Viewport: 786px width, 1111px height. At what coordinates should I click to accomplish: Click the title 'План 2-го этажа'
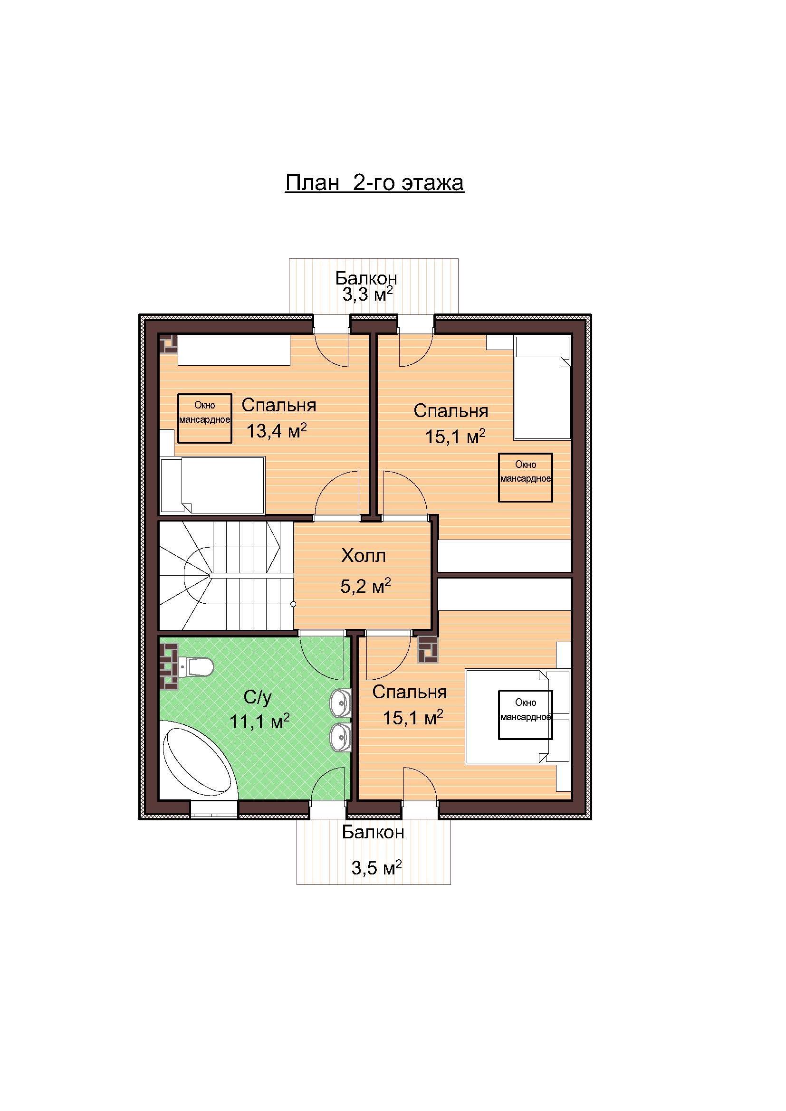tap(374, 183)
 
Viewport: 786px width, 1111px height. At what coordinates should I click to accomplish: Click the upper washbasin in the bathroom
tap(341, 701)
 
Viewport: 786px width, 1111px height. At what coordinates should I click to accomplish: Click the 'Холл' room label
tap(364, 556)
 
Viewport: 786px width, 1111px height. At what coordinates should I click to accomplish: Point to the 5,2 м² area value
tap(365, 587)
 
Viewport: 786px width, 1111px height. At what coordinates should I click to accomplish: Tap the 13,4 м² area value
tap(277, 430)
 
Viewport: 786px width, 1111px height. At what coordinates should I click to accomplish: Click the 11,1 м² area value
tap(259, 722)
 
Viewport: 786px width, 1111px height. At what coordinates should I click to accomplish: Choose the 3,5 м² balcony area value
tap(376, 868)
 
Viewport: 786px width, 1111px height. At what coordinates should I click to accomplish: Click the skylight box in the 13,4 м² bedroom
tap(205, 418)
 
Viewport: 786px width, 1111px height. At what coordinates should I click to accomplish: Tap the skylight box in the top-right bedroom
tap(526, 477)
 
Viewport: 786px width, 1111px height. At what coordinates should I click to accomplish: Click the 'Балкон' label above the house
tap(366, 278)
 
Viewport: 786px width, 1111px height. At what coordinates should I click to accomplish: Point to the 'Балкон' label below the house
tap(373, 832)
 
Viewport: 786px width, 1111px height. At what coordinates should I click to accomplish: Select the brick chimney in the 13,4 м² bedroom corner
tap(168, 344)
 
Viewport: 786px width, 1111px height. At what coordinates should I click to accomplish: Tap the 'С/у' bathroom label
tap(258, 697)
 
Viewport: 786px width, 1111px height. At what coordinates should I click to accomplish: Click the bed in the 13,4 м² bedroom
tap(212, 485)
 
